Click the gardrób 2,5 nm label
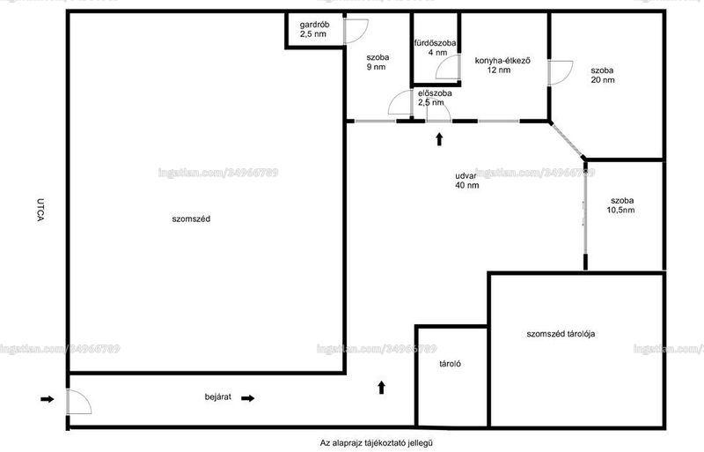click(x=314, y=29)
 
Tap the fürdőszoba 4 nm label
click(x=435, y=48)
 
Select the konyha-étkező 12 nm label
click(x=502, y=65)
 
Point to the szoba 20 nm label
click(x=603, y=75)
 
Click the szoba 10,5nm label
click(x=621, y=205)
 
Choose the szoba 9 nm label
click(x=378, y=62)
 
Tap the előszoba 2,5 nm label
click(x=435, y=98)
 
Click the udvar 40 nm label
click(x=467, y=181)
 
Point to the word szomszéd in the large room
click(x=191, y=219)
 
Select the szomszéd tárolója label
click(x=561, y=334)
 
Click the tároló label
click(x=450, y=364)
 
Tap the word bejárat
click(x=218, y=396)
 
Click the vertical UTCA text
click(x=40, y=210)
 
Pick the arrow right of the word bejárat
click(x=248, y=398)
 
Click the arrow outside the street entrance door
click(x=48, y=399)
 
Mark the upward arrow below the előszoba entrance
click(x=439, y=139)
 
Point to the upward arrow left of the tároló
click(x=381, y=387)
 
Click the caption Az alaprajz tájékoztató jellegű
click(x=377, y=443)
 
